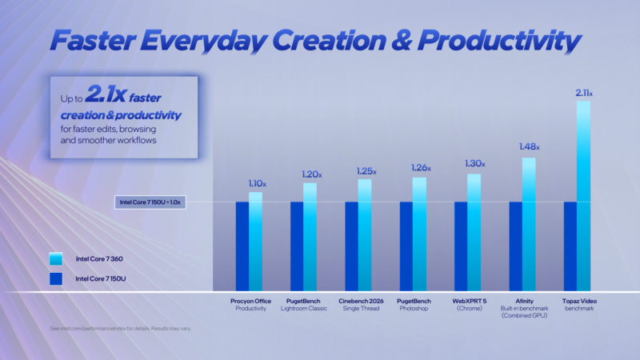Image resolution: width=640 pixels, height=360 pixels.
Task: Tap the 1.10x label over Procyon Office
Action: pos(255,184)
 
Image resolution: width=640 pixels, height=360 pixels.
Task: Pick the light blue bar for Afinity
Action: pos(529,224)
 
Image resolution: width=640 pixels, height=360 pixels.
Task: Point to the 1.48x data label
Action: pos(529,147)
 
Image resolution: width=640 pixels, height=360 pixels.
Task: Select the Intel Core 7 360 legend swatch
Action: pos(55,259)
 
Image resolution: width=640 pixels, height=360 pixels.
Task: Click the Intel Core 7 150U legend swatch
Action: pos(55,278)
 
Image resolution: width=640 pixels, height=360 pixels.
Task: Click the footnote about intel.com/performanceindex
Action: pos(120,328)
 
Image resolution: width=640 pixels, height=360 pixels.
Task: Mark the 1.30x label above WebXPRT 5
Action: pos(474,164)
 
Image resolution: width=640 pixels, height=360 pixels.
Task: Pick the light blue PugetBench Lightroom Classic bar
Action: pos(310,237)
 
